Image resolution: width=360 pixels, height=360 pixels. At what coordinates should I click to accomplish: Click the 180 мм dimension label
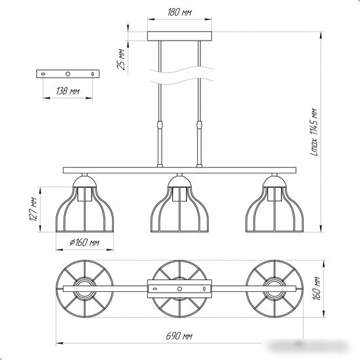pos(179,12)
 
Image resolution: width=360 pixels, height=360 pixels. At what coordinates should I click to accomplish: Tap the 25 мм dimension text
pos(121,59)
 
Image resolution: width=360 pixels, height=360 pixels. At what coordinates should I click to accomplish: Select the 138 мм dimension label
pos(67,91)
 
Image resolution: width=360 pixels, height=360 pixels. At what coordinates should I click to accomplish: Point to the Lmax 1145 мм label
pos(314,132)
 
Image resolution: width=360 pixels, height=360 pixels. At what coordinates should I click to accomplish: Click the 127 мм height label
pos(33,209)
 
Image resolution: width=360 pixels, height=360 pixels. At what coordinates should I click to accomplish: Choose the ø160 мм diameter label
pos(84,242)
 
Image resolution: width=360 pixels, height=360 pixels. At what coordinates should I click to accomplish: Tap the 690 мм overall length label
pos(179,336)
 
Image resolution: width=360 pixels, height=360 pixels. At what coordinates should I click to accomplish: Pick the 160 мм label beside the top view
pos(317,289)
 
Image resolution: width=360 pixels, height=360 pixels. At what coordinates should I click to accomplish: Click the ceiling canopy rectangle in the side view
pos(179,36)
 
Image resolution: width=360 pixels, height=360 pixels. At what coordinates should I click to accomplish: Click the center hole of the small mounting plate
pos(67,74)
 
